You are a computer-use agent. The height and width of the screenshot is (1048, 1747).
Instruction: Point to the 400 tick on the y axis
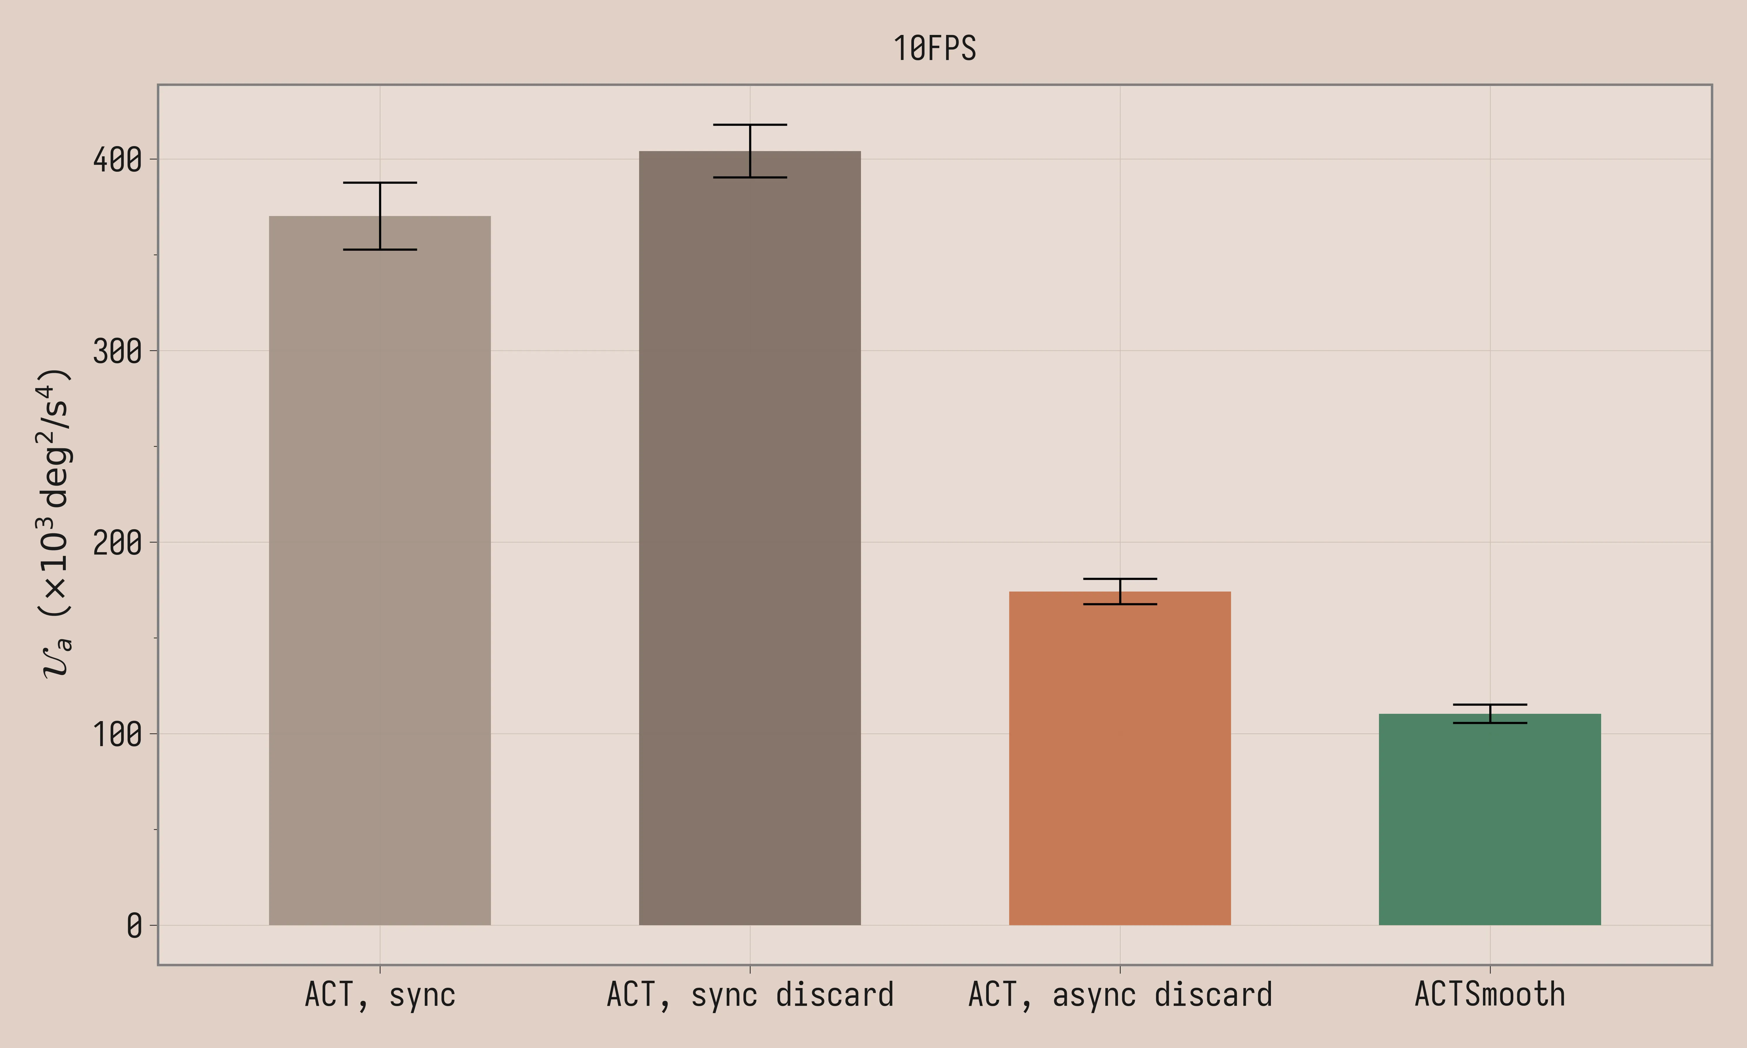(117, 160)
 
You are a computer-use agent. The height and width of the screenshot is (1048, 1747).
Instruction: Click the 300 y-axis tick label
(117, 351)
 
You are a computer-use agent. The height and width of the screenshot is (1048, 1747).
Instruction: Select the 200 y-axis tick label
(117, 542)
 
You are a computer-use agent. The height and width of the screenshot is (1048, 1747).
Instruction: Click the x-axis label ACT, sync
(380, 994)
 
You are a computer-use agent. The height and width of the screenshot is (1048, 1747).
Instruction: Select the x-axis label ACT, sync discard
(750, 994)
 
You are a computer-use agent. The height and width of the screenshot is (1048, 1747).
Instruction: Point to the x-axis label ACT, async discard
(1120, 994)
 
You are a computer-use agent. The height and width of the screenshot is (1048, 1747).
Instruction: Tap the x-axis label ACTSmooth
(1490, 994)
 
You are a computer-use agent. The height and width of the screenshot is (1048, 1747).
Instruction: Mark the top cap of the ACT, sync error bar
(380, 183)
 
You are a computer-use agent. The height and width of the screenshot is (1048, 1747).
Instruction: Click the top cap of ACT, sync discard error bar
(750, 125)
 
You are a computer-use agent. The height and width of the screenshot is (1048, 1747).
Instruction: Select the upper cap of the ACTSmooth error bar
(1490, 705)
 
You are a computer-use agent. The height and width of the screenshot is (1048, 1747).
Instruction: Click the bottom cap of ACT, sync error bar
(380, 249)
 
